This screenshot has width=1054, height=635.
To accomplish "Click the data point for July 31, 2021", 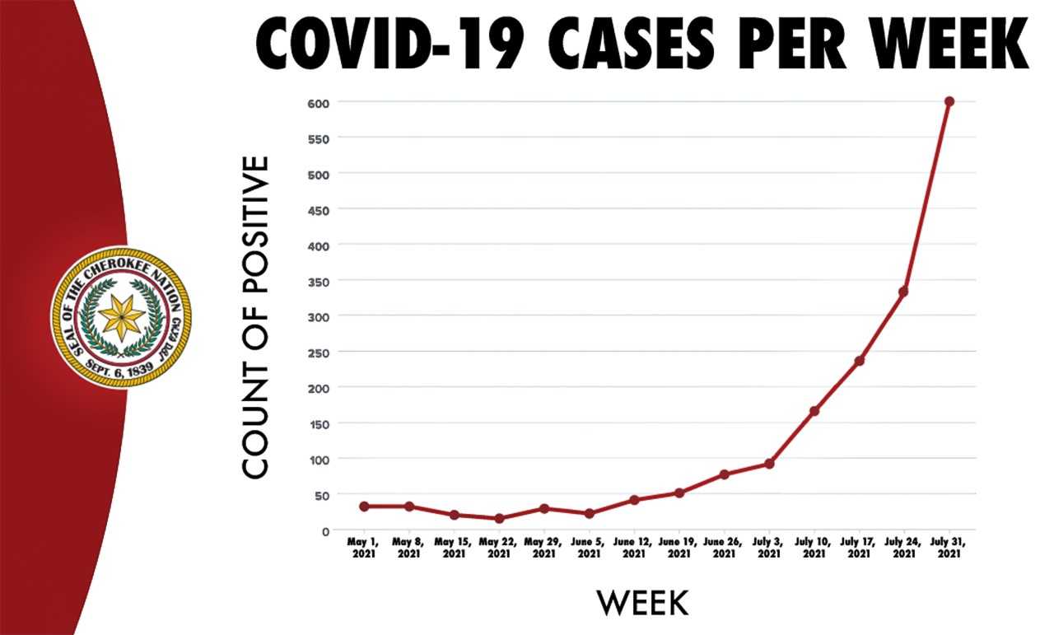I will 949,101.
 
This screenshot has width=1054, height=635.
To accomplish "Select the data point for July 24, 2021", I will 903,292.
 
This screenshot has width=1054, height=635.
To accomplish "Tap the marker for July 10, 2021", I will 814,411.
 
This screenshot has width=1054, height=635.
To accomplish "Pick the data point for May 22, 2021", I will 499,518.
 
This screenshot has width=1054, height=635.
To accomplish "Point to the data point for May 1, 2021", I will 364,506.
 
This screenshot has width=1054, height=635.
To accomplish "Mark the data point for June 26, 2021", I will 724,474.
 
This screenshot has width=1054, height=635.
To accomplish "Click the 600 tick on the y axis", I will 320,102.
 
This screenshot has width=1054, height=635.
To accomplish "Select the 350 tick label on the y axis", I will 320,281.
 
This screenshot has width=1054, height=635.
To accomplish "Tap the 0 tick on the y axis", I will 325,531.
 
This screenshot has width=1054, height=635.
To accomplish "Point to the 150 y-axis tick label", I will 320,423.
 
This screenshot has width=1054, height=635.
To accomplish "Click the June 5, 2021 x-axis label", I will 589,548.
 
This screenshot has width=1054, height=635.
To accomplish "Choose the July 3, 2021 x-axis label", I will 768,548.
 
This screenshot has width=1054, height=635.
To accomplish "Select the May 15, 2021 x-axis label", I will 454,548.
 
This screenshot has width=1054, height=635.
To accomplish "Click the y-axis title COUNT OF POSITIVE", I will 256,316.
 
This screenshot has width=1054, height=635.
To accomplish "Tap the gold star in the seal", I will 121,317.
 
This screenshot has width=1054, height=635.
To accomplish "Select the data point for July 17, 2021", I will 859,361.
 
